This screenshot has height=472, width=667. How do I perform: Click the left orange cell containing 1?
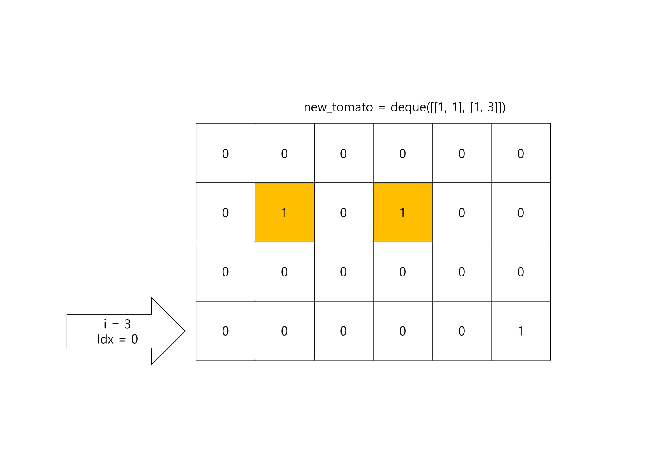tap(284, 212)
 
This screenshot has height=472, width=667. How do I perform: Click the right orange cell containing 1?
tap(402, 212)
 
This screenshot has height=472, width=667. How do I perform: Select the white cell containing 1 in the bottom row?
tap(521, 331)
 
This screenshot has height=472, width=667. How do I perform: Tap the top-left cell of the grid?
tap(225, 153)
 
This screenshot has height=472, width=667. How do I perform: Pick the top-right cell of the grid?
tap(521, 153)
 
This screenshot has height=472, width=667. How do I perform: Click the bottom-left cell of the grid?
tap(225, 331)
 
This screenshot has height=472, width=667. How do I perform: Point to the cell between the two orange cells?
tap(343, 212)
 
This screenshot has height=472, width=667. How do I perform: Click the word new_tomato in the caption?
tap(338, 107)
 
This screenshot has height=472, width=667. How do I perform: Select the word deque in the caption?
tap(408, 107)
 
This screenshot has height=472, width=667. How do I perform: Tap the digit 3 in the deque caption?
tap(491, 107)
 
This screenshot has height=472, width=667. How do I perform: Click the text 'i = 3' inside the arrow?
tap(117, 324)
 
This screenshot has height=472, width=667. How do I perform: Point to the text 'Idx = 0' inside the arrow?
tap(117, 339)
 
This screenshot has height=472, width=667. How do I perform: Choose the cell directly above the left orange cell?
tap(284, 153)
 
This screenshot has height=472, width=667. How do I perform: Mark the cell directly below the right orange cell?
tap(402, 272)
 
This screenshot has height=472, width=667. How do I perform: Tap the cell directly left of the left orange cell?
tap(225, 212)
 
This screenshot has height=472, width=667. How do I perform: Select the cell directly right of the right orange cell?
tap(462, 212)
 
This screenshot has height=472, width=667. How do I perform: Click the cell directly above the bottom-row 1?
tap(521, 272)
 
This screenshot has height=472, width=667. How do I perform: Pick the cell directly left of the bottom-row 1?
tap(462, 331)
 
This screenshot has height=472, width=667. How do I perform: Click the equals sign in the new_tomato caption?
tap(382, 108)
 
